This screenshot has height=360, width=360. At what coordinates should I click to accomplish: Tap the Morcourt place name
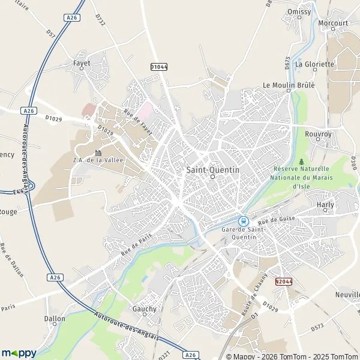click(x=334, y=23)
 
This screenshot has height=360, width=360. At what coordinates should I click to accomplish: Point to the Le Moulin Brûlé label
click(x=289, y=85)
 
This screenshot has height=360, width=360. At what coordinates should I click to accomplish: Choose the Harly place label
click(x=325, y=205)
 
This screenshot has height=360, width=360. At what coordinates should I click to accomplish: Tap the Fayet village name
click(x=82, y=62)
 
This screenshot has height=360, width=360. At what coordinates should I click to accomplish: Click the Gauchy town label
click(x=144, y=309)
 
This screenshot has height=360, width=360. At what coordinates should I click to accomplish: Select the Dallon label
click(x=55, y=319)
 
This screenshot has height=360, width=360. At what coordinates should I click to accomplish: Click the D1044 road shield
click(x=158, y=67)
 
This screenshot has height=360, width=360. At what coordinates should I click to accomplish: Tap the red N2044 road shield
click(x=284, y=281)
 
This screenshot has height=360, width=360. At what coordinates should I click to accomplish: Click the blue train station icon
click(x=244, y=220)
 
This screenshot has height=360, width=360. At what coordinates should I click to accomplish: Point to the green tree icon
click(x=301, y=161)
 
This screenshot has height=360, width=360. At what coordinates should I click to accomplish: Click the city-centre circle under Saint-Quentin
click(x=212, y=177)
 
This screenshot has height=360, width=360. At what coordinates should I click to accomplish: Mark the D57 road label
click(x=50, y=35)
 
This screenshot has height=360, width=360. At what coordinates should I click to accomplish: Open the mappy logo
click(x=19, y=352)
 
